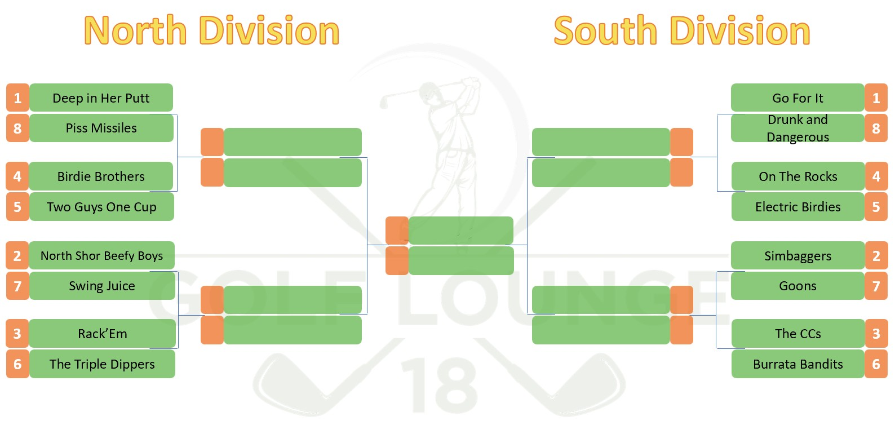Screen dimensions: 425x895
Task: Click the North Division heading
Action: pos(212,30)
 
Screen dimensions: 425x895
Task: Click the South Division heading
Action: pos(682,30)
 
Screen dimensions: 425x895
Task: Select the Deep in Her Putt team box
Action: pos(101,98)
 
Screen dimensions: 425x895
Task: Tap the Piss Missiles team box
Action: pos(101,128)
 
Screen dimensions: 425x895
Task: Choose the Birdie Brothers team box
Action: pos(101,176)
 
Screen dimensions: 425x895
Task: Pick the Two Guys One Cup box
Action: pos(101,207)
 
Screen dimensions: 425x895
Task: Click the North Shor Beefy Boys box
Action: pos(101,256)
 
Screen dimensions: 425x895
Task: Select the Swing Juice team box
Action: pos(101,286)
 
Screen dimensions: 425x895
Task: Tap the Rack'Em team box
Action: pos(102,334)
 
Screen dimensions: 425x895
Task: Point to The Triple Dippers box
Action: pos(102,364)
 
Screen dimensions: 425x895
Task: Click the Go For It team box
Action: pos(797,98)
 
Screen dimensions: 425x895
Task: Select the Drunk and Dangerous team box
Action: pos(797,128)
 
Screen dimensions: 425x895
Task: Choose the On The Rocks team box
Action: pos(797,176)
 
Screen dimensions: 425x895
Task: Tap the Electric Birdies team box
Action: pos(797,207)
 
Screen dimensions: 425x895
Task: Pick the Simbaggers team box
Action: pos(797,256)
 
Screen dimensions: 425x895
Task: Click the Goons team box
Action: pos(797,286)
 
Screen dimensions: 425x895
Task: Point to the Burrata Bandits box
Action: pos(797,364)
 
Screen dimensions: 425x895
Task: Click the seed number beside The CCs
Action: pos(876,334)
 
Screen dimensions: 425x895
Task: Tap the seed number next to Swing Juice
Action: pos(17,286)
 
